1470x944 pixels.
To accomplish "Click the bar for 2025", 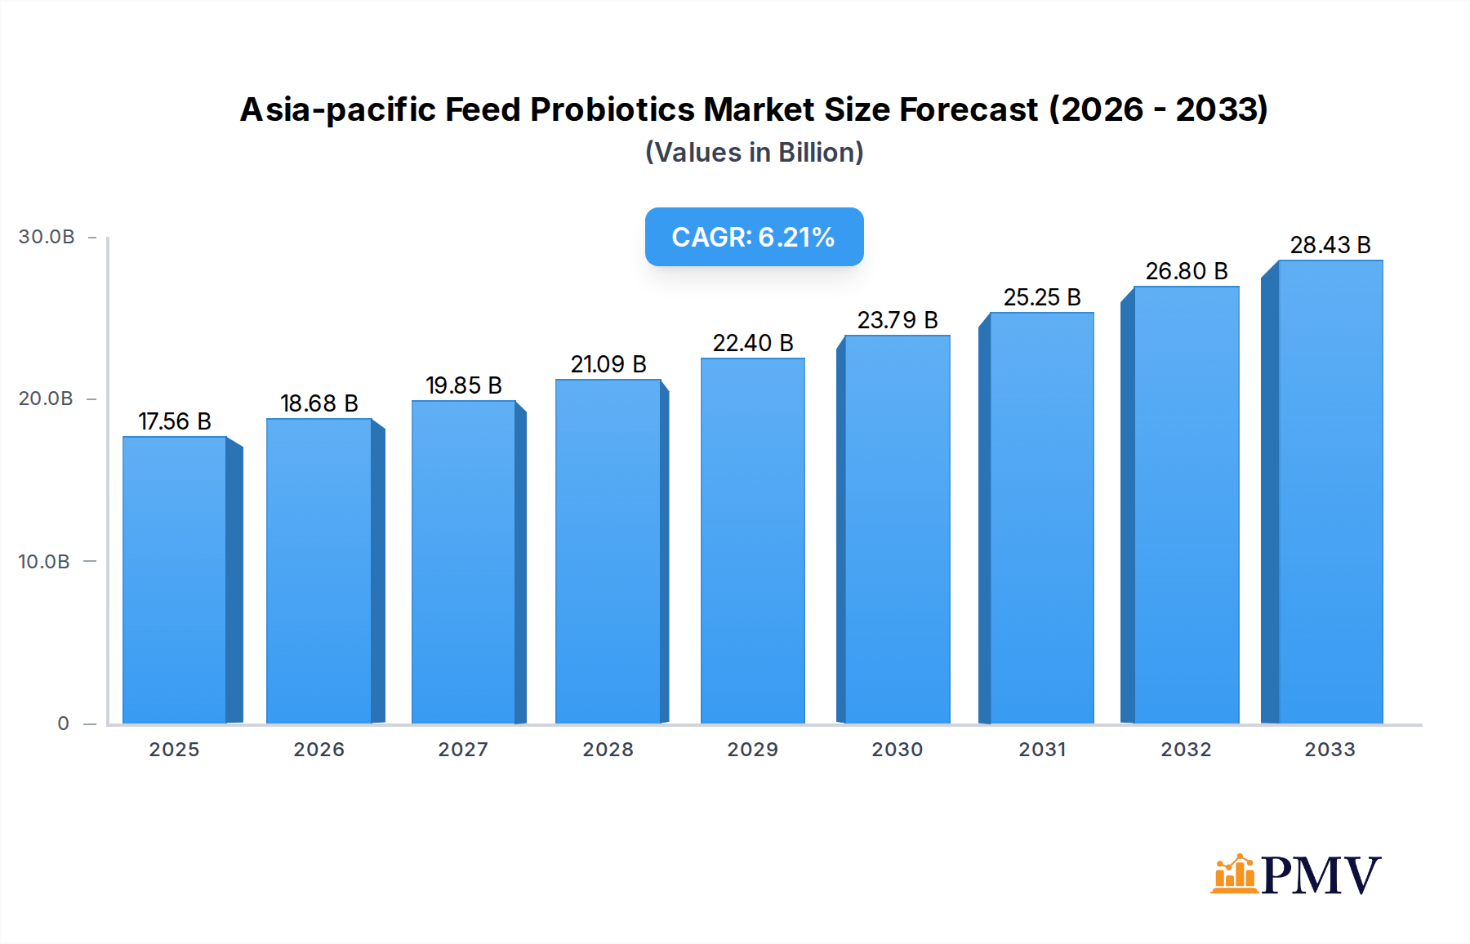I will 174,580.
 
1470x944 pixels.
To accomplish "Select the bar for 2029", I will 752,541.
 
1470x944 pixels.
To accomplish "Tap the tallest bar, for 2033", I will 1330,492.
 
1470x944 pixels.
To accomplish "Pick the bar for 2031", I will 1041,518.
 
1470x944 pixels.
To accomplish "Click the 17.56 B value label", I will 175,421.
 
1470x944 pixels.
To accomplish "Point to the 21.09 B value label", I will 608,364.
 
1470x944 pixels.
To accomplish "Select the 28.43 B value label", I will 1330,245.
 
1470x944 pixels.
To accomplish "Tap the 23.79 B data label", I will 898,320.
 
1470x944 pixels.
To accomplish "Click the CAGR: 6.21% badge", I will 754,237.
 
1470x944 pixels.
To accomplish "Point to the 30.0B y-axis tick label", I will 47,237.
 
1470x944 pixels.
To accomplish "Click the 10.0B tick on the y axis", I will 44,562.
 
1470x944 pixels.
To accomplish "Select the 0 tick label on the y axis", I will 63,724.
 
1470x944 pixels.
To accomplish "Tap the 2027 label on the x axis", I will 463,750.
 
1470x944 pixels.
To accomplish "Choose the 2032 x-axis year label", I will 1186,750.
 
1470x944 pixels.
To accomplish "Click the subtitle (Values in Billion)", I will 754,153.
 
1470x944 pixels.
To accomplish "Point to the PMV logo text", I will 1321,875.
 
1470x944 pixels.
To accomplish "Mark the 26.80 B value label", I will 1187,271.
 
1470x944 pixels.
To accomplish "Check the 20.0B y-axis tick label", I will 46,399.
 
